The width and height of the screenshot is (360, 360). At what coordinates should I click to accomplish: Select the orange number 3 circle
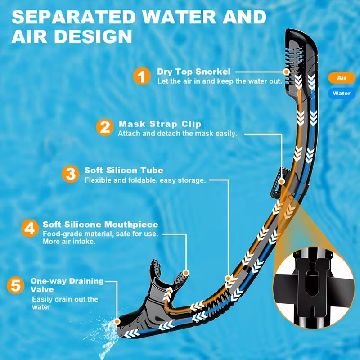[70, 174]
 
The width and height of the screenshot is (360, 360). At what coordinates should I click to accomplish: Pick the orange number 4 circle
[29, 228]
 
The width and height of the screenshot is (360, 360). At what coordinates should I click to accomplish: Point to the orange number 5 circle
[15, 286]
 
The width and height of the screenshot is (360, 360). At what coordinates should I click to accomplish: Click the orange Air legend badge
[342, 78]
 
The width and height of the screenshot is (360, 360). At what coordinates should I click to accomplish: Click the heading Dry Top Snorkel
[193, 72]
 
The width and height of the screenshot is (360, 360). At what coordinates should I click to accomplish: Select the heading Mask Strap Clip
[160, 124]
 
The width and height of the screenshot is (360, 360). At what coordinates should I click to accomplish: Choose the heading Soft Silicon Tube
[124, 171]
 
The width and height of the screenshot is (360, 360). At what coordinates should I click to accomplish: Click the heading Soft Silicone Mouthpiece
[100, 224]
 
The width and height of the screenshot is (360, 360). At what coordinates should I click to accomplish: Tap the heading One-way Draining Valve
[67, 285]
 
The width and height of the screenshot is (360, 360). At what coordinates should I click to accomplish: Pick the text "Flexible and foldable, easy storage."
[145, 180]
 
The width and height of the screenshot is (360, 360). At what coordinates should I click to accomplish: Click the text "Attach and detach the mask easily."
[177, 134]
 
